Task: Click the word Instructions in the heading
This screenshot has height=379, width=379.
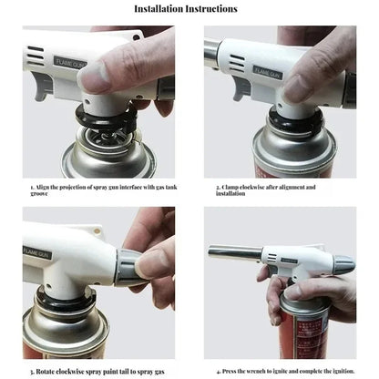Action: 214,9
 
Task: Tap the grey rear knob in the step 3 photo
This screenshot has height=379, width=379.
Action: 128,266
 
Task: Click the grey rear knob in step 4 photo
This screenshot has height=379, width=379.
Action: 344,267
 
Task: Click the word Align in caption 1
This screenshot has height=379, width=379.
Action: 43,187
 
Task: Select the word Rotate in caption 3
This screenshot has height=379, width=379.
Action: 44,372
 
